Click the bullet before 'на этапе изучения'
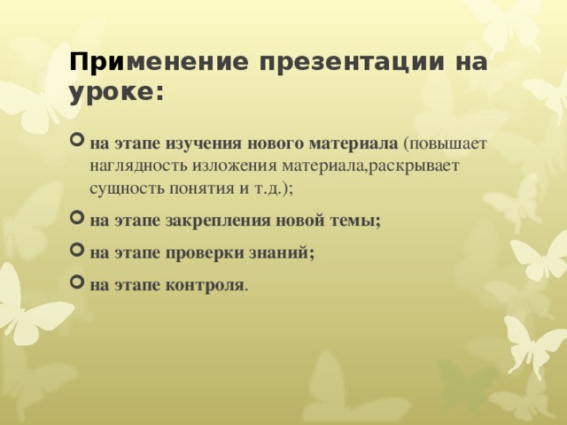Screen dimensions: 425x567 76,143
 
